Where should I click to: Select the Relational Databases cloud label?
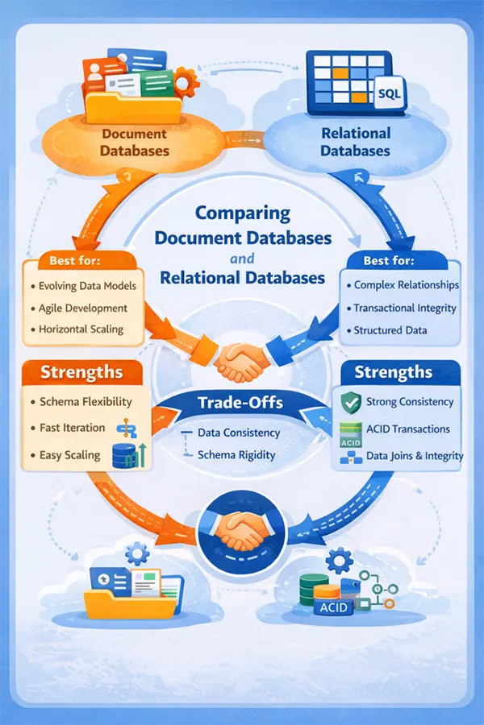(x=355, y=142)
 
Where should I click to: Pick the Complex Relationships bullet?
(x=407, y=285)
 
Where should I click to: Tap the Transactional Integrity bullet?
(x=405, y=308)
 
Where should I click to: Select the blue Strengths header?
(x=394, y=373)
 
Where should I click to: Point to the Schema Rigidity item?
(x=236, y=455)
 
